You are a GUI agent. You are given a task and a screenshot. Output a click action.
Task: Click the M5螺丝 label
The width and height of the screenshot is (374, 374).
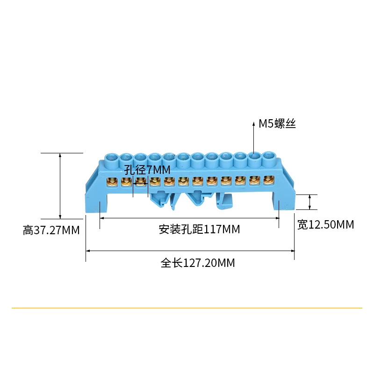278,124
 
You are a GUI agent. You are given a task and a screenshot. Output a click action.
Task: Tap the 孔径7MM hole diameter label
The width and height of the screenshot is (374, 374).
147,169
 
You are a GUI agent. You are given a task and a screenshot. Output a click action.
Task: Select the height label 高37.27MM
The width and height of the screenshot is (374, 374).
51,230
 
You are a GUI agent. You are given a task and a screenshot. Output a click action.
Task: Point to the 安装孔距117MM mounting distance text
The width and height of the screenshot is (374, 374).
199,230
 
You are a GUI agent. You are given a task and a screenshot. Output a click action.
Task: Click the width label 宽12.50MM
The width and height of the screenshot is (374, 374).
325,225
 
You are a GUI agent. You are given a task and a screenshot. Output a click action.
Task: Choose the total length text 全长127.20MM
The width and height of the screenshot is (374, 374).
198,263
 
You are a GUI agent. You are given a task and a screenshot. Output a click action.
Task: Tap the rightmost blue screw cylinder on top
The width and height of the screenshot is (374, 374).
268,158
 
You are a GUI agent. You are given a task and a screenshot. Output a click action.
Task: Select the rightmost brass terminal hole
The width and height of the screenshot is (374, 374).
268,180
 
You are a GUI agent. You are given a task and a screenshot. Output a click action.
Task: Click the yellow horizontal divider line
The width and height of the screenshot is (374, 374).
187,308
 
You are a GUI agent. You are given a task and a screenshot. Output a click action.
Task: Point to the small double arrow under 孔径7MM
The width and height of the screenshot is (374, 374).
141,185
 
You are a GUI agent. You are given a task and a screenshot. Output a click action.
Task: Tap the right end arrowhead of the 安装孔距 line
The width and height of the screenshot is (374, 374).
278,217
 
